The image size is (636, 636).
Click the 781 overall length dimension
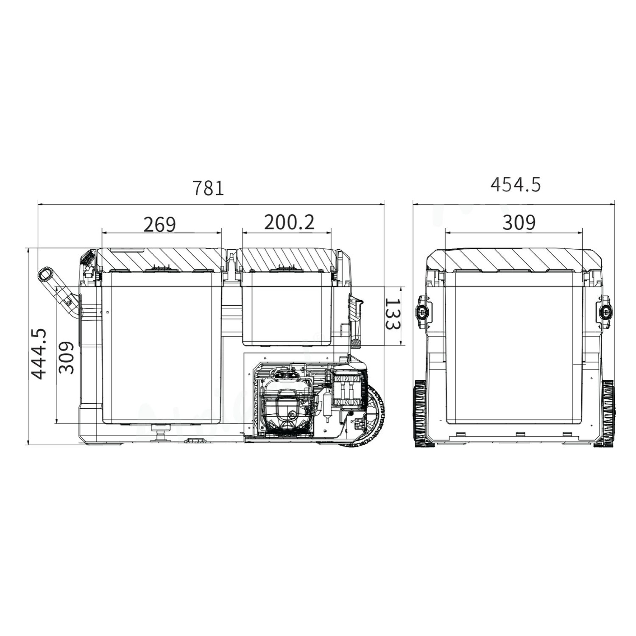pos(208,188)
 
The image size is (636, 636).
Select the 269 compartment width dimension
pos(160,225)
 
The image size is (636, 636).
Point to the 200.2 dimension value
pos(289,223)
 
